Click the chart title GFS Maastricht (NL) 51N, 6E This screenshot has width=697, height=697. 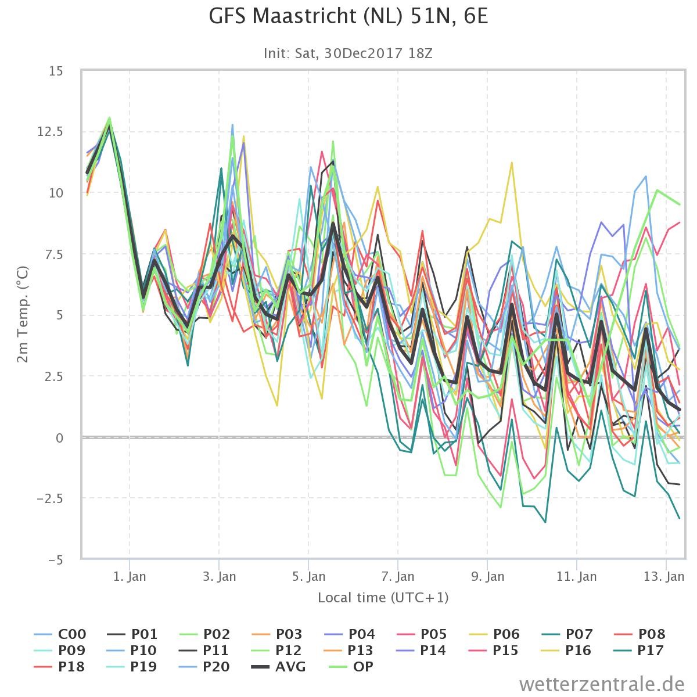[x=348, y=17]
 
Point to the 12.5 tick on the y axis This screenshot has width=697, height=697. [x=50, y=132]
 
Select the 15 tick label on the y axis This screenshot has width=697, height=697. [x=56, y=71]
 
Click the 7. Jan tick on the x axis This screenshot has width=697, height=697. [x=398, y=576]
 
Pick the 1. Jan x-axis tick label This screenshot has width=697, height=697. [x=130, y=576]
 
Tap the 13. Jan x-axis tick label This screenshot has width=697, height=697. [x=664, y=576]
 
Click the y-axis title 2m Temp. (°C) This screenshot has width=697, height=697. [x=23, y=314]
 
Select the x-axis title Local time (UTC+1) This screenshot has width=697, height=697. [x=383, y=598]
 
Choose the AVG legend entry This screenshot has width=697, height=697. [x=279, y=666]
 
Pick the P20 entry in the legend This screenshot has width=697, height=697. [x=204, y=666]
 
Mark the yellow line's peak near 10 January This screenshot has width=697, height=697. [x=512, y=163]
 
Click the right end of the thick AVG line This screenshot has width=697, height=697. [x=680, y=410]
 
